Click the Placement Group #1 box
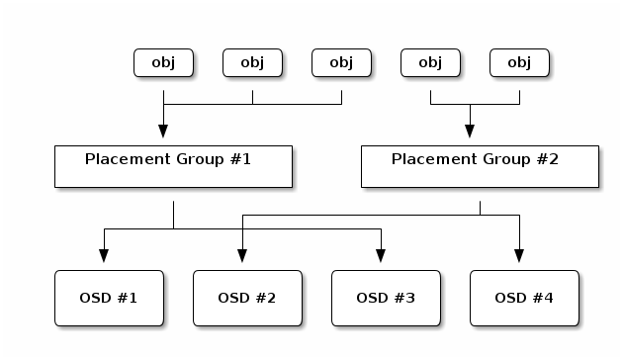coord(173,165)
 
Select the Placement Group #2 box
coord(479,165)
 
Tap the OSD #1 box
coord(108,297)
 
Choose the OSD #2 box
coord(246,297)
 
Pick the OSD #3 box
coord(385,297)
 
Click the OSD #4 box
coord(523,297)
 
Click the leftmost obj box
coord(163,62)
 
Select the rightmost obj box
coord(519,62)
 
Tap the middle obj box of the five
coord(341,62)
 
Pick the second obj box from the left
coord(252,62)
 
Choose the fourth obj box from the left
coord(430,62)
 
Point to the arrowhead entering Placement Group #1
coord(163,131)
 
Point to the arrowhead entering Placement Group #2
coord(470,131)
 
